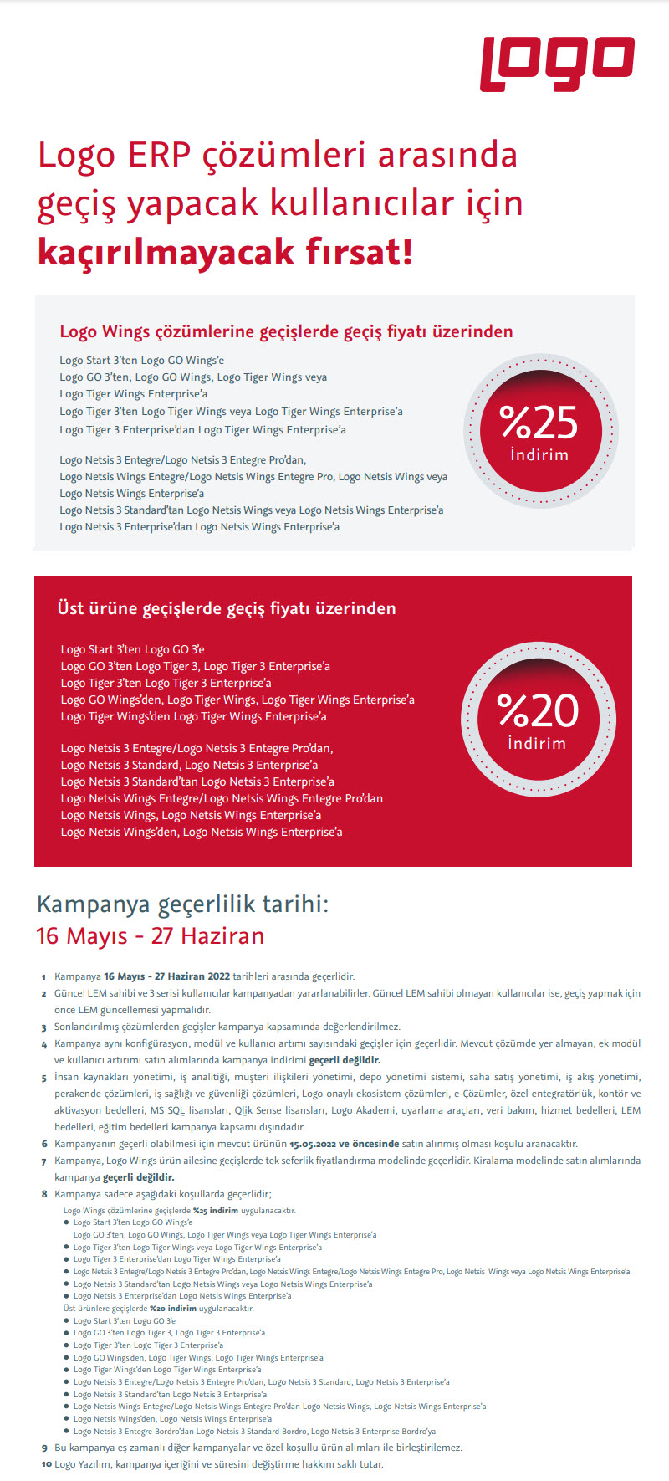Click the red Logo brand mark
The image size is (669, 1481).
[557, 64]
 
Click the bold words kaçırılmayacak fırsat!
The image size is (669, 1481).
[225, 252]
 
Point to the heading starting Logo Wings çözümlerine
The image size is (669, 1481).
[286, 331]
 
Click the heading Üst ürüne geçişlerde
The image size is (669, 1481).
[227, 608]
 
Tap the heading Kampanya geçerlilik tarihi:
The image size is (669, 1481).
[183, 904]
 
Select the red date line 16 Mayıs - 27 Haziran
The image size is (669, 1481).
[151, 935]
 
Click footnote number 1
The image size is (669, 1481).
[43, 976]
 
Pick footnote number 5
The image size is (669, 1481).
[43, 1078]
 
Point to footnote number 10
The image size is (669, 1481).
[46, 1464]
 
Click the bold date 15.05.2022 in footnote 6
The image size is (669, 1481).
[313, 1144]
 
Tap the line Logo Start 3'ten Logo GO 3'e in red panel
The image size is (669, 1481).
[132, 649]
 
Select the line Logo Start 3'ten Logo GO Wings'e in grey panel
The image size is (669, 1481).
[141, 361]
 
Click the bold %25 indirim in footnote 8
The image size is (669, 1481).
[216, 1210]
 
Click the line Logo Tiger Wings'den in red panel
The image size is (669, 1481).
[193, 716]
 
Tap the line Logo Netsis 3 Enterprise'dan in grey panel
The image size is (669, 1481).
[199, 527]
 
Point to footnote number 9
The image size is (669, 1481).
[44, 1448]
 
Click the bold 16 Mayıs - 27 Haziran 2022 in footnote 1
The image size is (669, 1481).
[166, 976]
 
